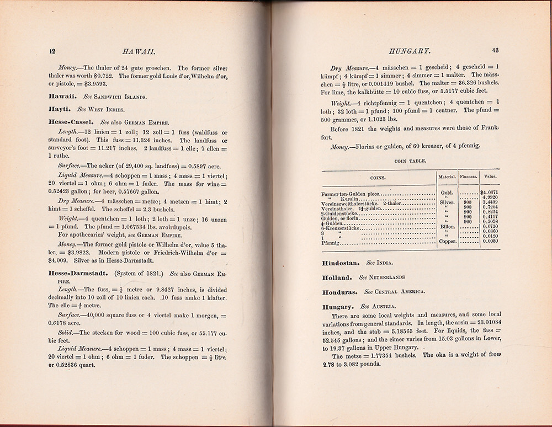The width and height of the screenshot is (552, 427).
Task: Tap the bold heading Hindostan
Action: [x=341, y=264]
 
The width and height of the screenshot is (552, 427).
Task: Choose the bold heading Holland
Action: [x=337, y=277]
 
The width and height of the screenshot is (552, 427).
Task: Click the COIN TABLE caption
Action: [x=409, y=162]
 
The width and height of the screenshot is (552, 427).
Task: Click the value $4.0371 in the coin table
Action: [x=490, y=191]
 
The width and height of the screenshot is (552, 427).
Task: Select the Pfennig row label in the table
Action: [x=331, y=242]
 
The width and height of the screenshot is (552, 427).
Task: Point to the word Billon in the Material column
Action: [x=446, y=226]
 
